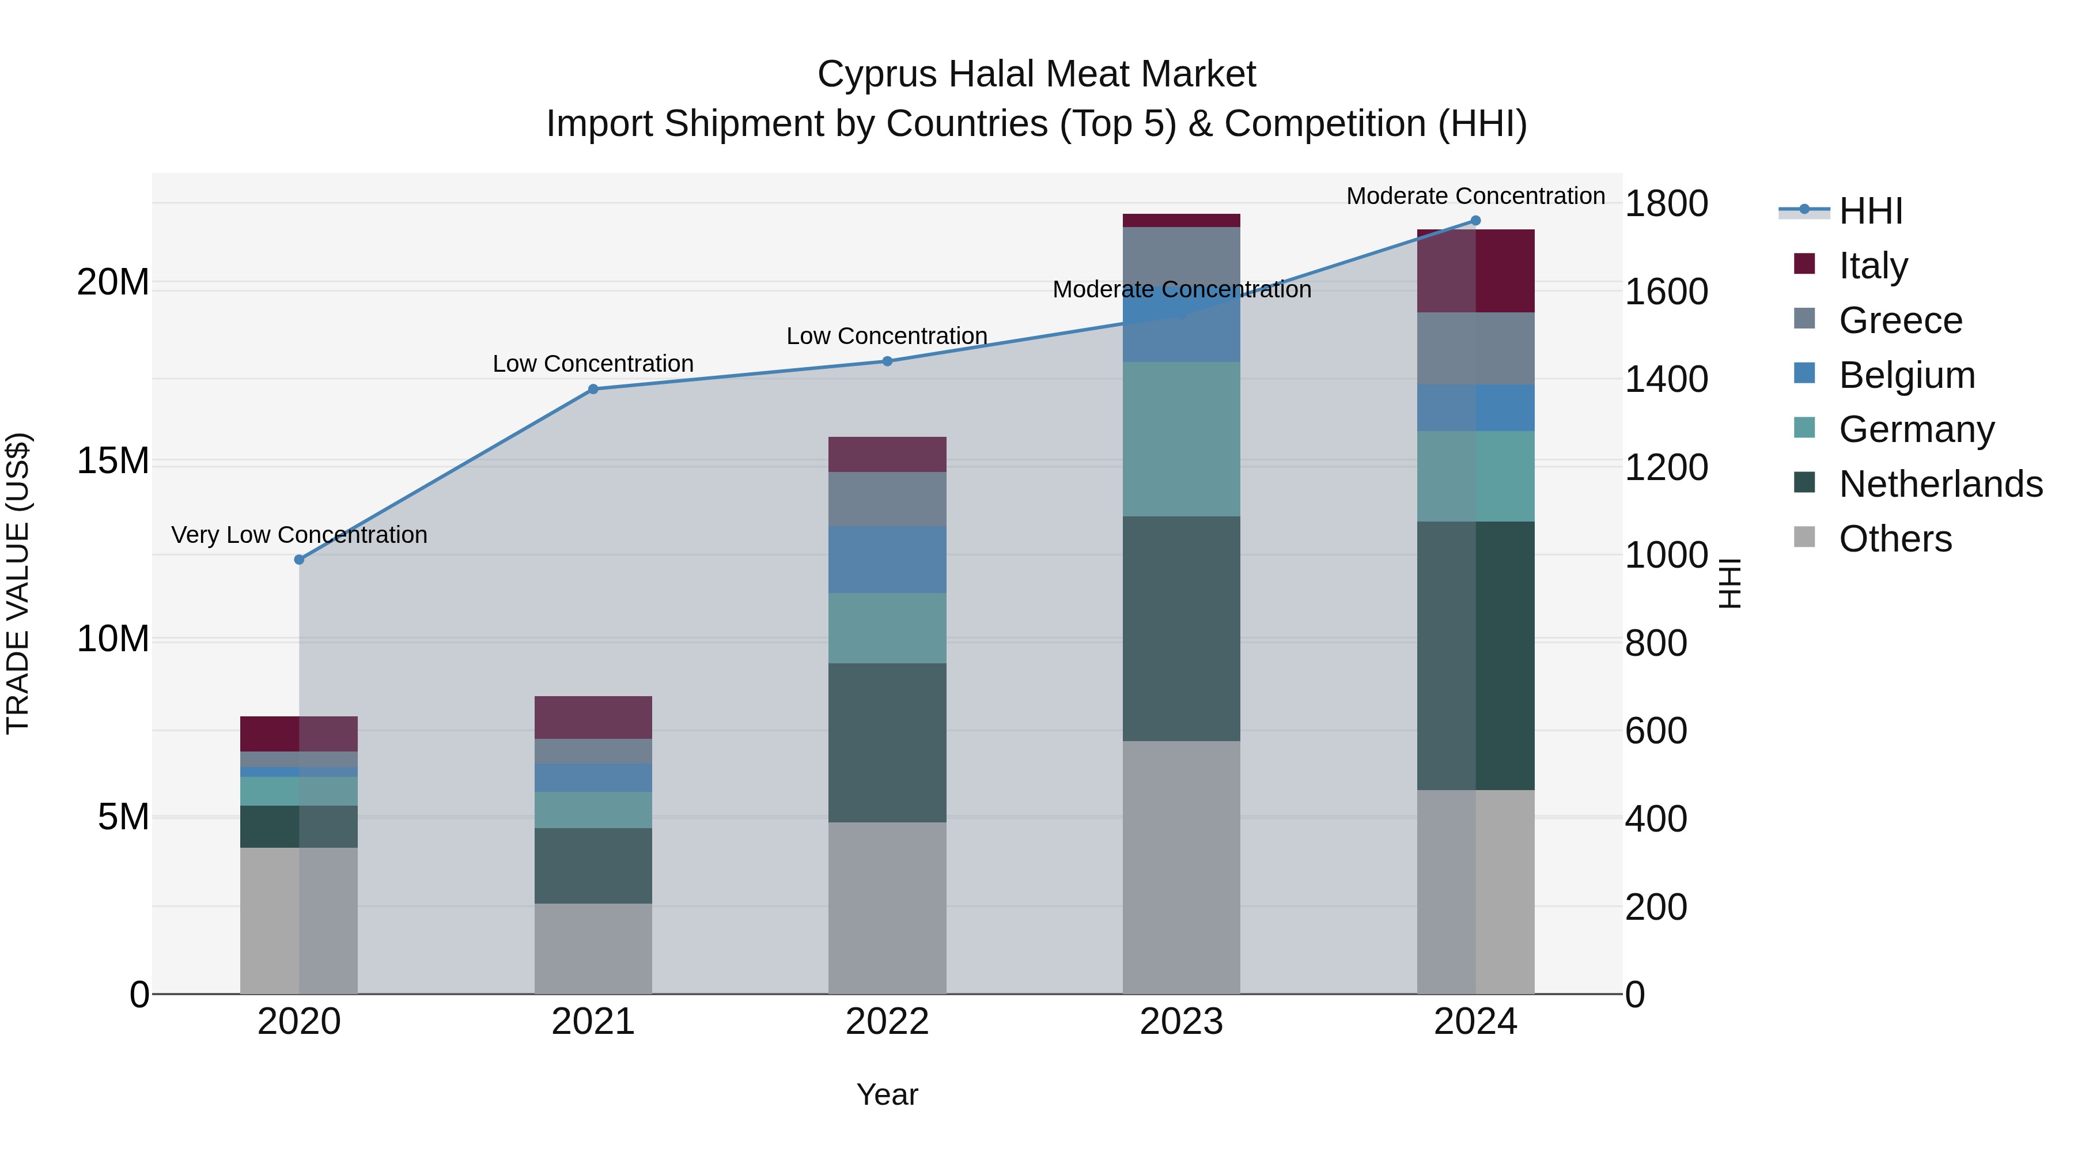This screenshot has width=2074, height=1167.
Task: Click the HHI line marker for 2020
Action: pos(300,559)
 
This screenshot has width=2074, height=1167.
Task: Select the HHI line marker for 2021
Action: pos(593,389)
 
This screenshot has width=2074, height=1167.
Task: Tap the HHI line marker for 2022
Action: pos(887,361)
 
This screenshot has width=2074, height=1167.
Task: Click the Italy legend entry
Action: pos(1873,265)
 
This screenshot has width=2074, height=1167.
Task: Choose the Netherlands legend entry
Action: pos(1940,484)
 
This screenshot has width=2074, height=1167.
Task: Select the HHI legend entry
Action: pos(1870,211)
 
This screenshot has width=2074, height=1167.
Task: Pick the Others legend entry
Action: pos(1895,539)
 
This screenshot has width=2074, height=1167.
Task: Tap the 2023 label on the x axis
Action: pos(1181,1022)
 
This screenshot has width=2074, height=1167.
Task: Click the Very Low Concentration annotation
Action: pos(300,535)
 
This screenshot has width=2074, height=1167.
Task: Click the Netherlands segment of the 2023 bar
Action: pos(1181,628)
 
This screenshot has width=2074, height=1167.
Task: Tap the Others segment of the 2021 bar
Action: pos(593,948)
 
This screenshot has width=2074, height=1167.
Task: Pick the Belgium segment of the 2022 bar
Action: pos(887,559)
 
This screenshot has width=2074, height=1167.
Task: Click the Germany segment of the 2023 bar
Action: pos(1181,439)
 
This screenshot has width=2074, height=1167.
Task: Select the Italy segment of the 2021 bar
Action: pos(593,717)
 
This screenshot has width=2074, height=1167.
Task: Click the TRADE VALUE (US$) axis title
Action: pos(18,583)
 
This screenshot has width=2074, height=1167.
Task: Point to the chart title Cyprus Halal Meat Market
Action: pos(1036,74)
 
